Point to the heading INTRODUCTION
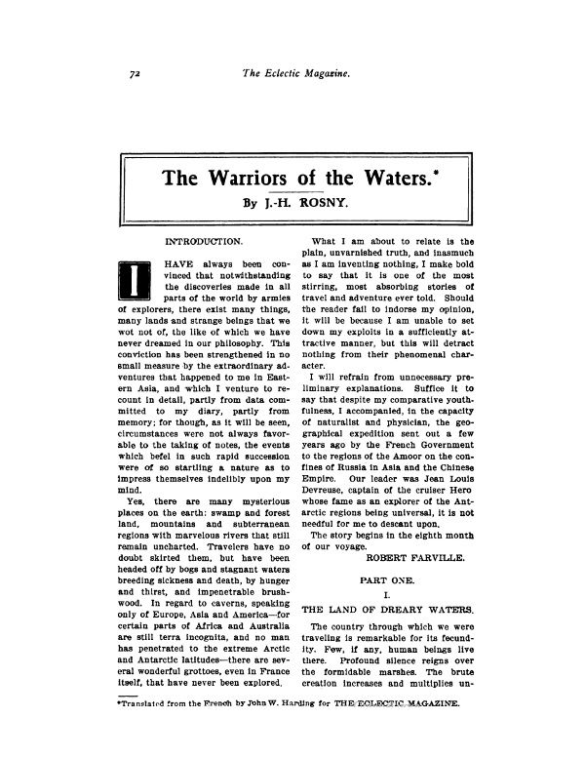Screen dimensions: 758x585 [x=205, y=239]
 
